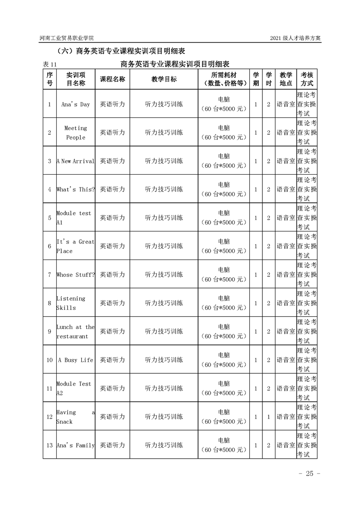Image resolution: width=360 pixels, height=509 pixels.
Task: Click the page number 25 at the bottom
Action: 310,474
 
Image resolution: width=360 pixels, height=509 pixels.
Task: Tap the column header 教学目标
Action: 164,79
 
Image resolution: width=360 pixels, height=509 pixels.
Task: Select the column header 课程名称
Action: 112,79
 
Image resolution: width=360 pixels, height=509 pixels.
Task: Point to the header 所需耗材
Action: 224,74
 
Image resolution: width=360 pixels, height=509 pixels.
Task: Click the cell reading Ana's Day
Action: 75,104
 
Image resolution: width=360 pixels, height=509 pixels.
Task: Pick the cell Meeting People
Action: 75,132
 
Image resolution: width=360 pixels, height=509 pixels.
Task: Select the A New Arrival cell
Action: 75,161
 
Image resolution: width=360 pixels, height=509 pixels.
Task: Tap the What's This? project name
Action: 75,190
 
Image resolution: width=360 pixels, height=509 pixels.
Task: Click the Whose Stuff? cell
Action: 75,274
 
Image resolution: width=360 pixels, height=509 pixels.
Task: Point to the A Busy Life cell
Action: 75,360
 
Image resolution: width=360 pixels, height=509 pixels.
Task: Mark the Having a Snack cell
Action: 75,417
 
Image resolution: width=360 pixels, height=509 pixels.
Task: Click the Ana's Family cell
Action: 75,445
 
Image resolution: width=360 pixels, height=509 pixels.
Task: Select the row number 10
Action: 49,360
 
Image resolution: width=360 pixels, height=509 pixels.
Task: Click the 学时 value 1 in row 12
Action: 268,417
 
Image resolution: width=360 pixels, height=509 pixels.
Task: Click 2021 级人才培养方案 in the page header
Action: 295,39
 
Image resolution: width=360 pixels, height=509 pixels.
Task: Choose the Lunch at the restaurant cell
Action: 75,332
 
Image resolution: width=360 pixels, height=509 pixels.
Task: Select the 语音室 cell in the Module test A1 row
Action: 286,218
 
